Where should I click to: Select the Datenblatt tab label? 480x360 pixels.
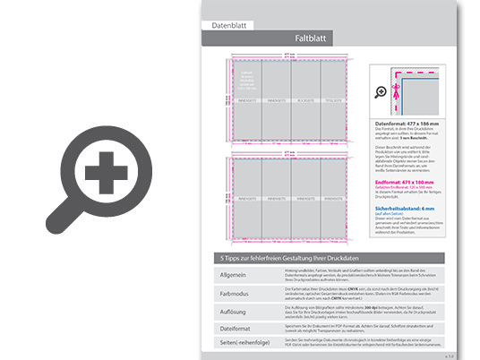pyautogui.click(x=227, y=26)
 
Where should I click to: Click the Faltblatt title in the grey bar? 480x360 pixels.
pyautogui.click(x=313, y=39)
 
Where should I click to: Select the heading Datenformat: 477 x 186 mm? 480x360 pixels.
pyautogui.click(x=410, y=124)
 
